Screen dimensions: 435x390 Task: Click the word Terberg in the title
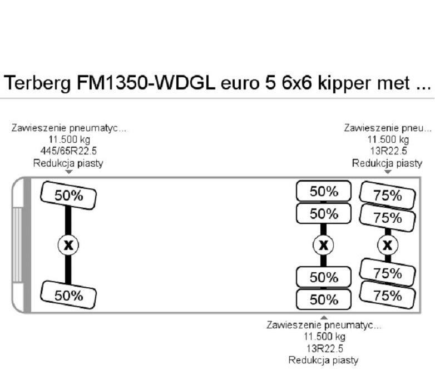point(37,83)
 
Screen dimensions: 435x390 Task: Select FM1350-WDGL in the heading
point(146,83)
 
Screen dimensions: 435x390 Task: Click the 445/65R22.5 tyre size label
point(68,151)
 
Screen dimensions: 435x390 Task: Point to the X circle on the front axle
point(68,245)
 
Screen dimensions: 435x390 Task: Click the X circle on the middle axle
point(323,245)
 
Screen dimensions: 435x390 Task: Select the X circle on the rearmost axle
point(388,245)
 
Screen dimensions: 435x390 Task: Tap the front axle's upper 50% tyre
point(68,195)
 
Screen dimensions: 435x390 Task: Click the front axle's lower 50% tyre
point(68,295)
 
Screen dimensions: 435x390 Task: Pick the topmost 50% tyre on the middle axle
point(324,191)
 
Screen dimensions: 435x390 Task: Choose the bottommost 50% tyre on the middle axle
point(324,299)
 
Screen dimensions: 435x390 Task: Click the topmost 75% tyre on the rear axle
point(388,195)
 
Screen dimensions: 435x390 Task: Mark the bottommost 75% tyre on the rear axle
point(388,295)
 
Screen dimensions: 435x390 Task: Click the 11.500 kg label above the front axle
point(70,139)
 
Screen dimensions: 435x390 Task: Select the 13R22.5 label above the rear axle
point(388,151)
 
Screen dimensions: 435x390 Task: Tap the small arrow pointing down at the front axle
point(68,172)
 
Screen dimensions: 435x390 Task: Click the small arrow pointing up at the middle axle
point(324,318)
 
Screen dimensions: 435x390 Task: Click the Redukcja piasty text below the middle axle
point(324,360)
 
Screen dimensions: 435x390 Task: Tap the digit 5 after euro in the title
point(271,83)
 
